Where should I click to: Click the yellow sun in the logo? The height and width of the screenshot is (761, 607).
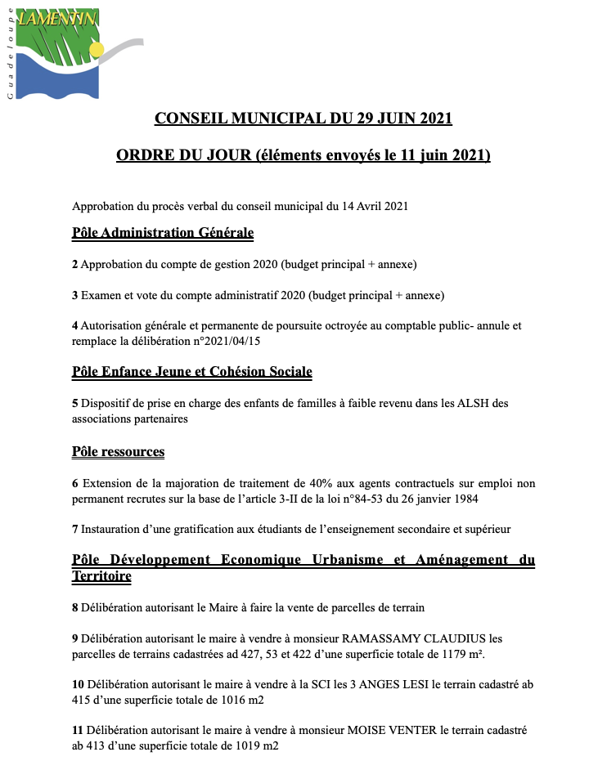97,50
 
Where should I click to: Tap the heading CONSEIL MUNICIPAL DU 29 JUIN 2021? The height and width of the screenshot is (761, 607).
303,119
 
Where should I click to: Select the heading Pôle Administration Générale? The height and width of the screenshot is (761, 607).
163,233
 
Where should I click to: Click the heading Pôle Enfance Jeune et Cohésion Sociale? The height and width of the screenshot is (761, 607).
192,372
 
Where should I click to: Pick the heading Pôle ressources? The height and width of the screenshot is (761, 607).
118,451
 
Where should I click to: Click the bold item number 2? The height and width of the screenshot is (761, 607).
74,265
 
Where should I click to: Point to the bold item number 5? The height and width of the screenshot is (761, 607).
74,404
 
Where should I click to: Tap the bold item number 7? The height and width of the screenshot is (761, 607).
74,529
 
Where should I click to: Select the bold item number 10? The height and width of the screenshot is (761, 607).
78,684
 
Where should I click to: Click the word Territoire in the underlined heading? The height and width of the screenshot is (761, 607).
101,575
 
